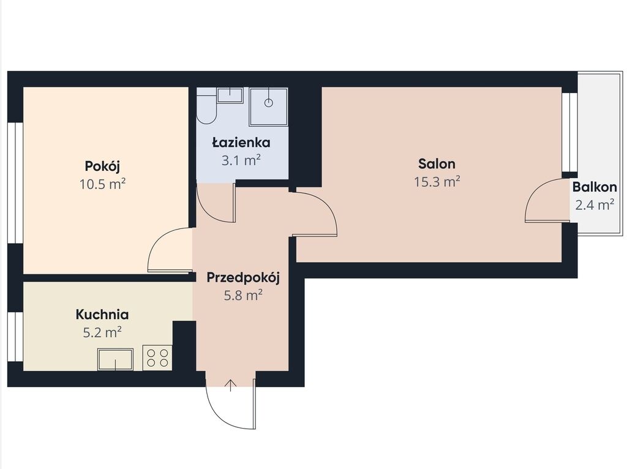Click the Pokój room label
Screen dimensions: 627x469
tap(102, 166)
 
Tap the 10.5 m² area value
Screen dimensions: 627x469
tap(103, 184)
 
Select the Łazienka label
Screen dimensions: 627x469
tap(241, 142)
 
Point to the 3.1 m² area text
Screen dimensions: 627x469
tap(241, 160)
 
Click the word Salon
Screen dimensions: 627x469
tap(437, 163)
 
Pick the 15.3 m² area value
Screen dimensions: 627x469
tap(437, 182)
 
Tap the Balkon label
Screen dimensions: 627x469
tap(595, 187)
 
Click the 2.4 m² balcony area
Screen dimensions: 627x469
tap(595, 205)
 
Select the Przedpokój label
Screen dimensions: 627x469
tap(242, 277)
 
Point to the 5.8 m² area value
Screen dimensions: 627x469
tap(242, 296)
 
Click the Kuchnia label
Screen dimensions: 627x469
tap(102, 314)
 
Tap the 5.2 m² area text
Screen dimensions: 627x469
tap(102, 332)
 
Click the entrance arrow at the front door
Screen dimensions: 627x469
tap(231, 386)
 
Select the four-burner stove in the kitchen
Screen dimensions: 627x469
tap(157, 358)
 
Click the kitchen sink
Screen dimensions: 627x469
tap(116, 359)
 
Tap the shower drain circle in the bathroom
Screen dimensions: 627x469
tap(269, 103)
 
